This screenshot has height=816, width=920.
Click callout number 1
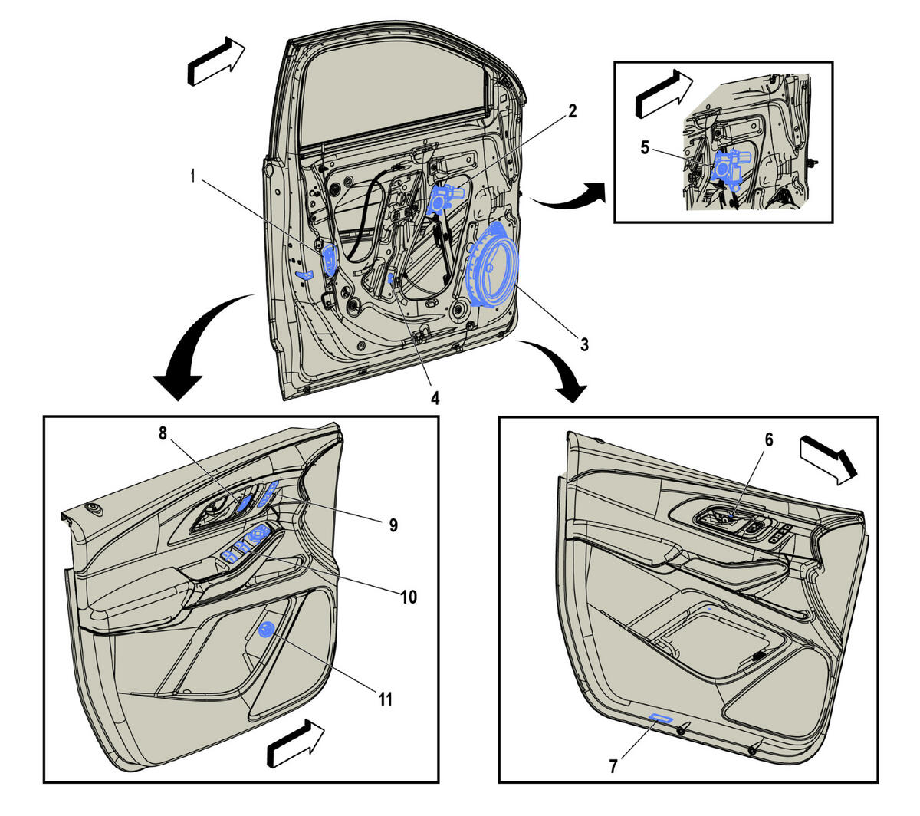click(x=192, y=176)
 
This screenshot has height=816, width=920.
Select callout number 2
click(x=572, y=111)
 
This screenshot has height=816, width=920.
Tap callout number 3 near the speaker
click(x=584, y=344)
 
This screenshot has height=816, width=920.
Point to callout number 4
click(x=435, y=399)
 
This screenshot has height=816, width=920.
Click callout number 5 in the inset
click(x=645, y=148)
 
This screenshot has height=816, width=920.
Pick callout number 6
click(x=769, y=439)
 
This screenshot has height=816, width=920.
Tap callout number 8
click(x=163, y=433)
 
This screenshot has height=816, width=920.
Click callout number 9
click(x=393, y=525)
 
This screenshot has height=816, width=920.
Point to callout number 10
click(x=408, y=597)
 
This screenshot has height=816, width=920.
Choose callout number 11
click(x=386, y=699)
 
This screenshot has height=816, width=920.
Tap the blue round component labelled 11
click(x=265, y=630)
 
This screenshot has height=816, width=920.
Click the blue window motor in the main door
click(x=443, y=198)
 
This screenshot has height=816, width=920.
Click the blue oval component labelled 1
click(x=329, y=260)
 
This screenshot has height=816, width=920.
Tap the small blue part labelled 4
click(x=390, y=278)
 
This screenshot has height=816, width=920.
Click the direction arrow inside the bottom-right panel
click(x=828, y=460)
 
